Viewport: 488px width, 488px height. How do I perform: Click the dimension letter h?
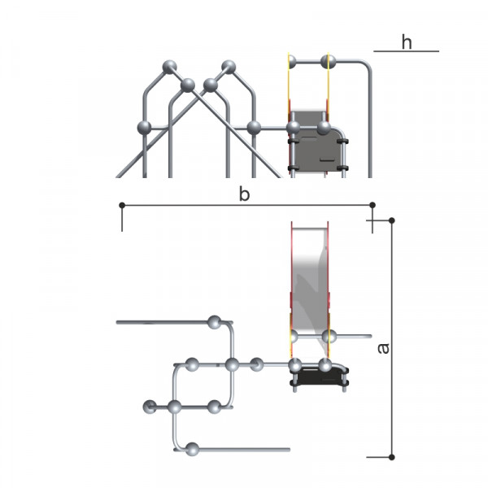click(407, 42)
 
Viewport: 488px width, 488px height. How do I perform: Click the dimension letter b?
click(244, 194)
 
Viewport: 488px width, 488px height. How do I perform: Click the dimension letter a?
click(383, 348)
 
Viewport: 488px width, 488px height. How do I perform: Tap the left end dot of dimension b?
click(122, 205)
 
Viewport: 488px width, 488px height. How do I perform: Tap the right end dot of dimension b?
click(373, 205)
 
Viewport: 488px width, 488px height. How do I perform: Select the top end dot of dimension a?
click(392, 220)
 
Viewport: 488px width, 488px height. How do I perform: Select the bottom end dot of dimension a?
click(392, 457)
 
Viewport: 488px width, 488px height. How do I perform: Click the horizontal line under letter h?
click(406, 51)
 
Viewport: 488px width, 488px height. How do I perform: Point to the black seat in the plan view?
click(320, 377)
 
